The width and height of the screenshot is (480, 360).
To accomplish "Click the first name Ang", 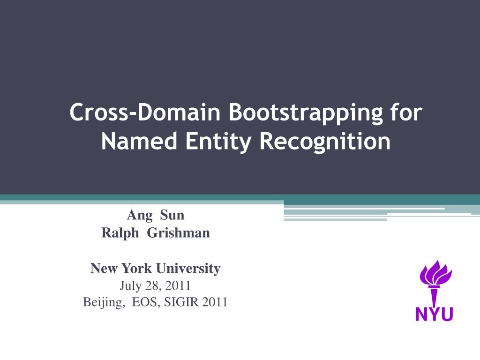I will [x=140, y=215].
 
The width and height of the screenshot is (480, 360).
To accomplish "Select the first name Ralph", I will [x=120, y=232].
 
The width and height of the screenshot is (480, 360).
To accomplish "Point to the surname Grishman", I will [x=179, y=232].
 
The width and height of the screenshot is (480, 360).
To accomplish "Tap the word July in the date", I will [x=130, y=285].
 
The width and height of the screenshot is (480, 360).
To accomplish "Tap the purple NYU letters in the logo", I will [x=434, y=314].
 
